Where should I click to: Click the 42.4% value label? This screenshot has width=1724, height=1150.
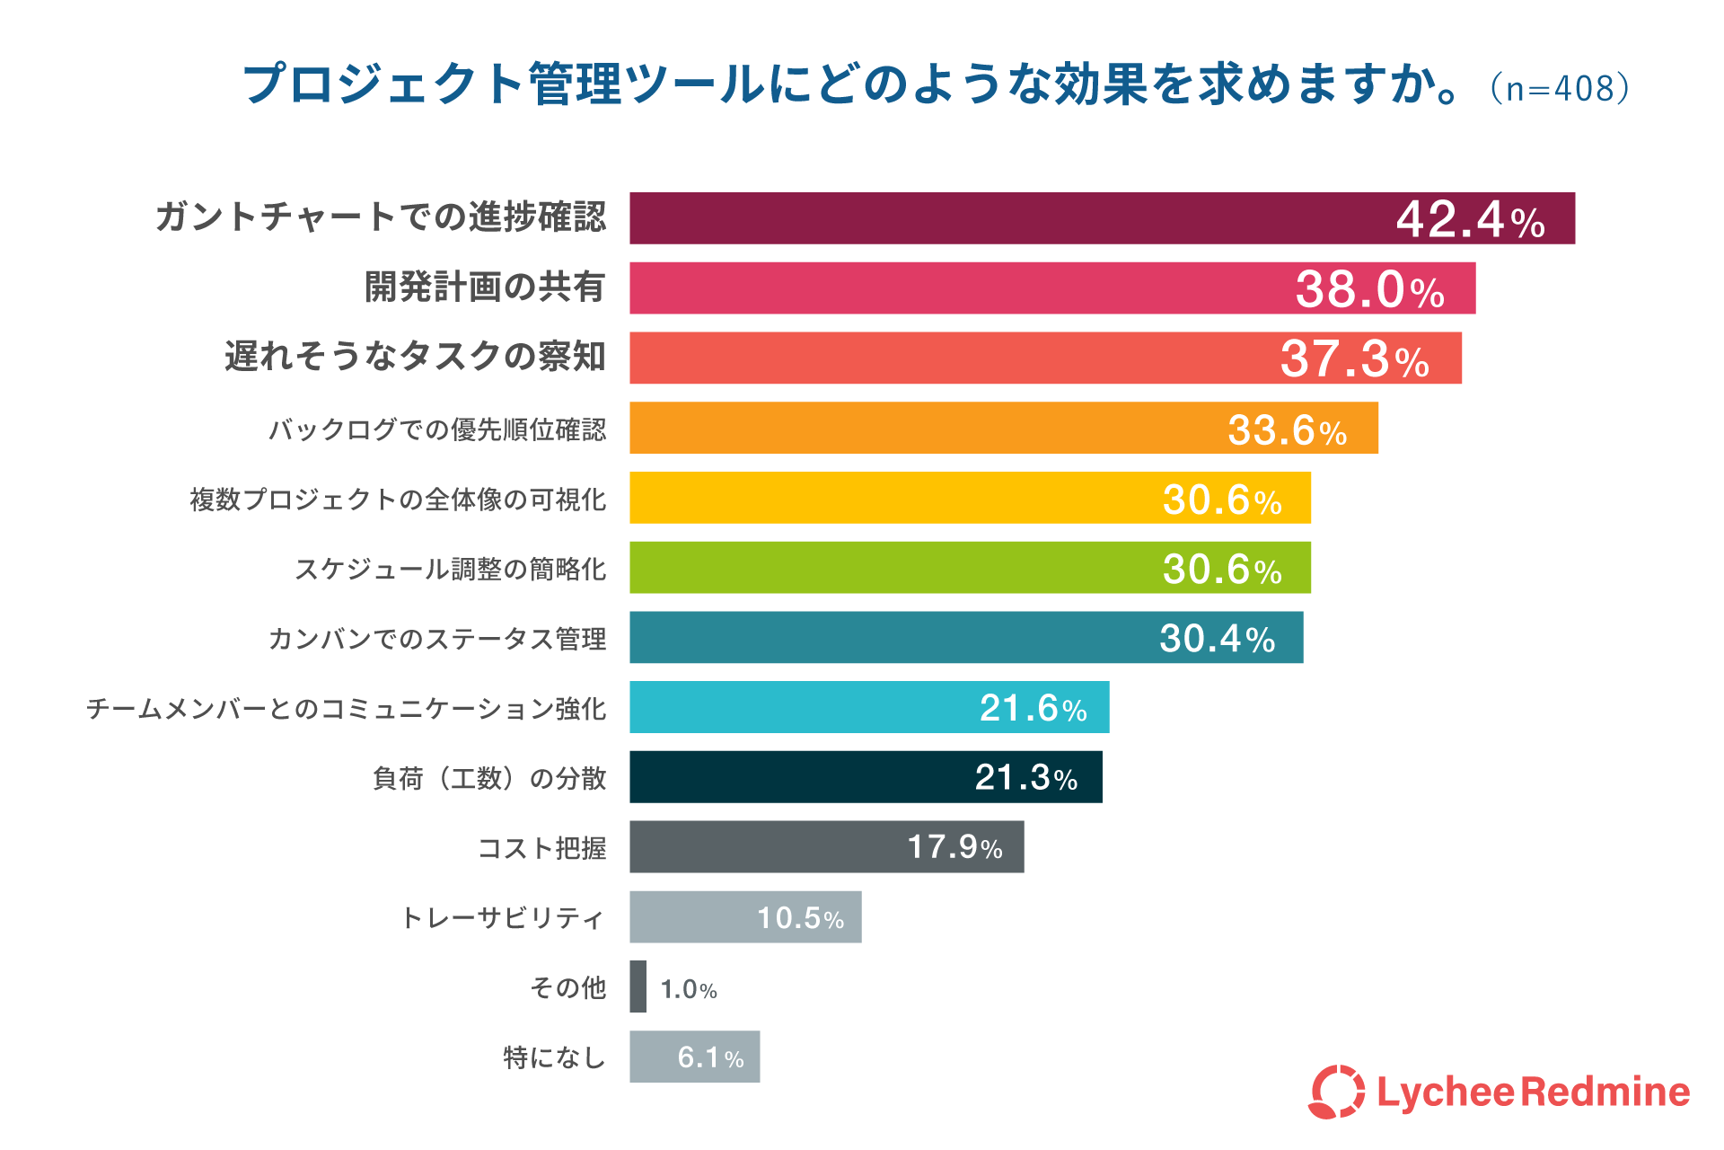(1471, 219)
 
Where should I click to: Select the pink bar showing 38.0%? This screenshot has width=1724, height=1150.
(1052, 288)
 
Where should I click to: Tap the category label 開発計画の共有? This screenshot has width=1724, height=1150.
(485, 287)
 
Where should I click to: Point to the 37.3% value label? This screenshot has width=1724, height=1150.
(1355, 358)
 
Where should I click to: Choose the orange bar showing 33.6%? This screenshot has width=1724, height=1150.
(1004, 428)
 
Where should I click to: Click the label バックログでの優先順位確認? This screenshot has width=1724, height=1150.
(437, 429)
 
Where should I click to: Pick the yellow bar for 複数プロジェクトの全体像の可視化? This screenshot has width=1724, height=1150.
(970, 498)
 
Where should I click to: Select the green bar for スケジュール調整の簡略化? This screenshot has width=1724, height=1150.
(970, 568)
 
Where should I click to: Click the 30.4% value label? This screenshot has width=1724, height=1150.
(1218, 639)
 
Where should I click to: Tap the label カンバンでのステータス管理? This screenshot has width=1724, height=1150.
(437, 639)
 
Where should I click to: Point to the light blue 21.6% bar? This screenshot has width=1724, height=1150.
(869, 707)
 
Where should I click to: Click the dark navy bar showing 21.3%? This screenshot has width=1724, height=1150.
(866, 777)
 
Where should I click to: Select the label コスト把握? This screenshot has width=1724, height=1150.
(542, 848)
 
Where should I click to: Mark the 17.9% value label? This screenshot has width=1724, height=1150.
(954, 847)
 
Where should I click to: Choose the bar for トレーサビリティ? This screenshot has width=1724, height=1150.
(745, 917)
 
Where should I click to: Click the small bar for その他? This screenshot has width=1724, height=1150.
(638, 986)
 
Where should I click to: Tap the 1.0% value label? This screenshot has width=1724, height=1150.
(689, 989)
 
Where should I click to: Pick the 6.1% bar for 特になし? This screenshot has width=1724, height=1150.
(694, 1057)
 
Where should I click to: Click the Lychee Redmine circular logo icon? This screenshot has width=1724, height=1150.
(1337, 1092)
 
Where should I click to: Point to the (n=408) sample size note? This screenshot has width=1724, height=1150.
(1560, 88)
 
